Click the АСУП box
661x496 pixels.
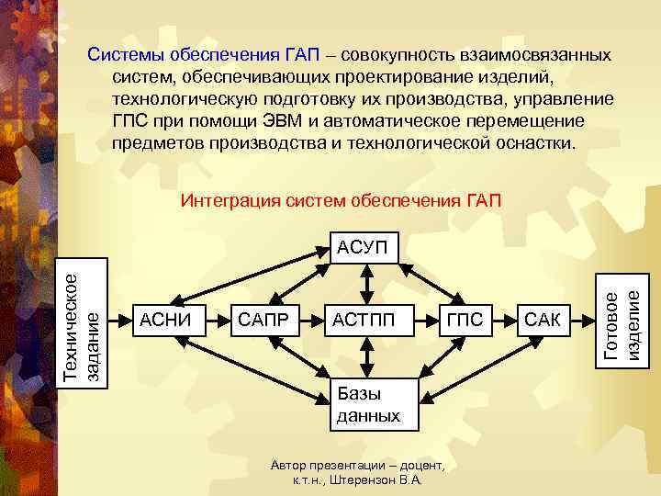364,247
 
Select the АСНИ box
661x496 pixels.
165,319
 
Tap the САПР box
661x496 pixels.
263,319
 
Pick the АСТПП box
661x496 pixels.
364,319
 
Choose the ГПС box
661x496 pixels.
465,319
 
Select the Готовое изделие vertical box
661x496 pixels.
622,320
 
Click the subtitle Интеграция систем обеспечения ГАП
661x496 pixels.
341,199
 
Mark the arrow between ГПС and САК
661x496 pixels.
503,320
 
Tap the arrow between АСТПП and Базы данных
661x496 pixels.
364,358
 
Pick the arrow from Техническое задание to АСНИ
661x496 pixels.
121,320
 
